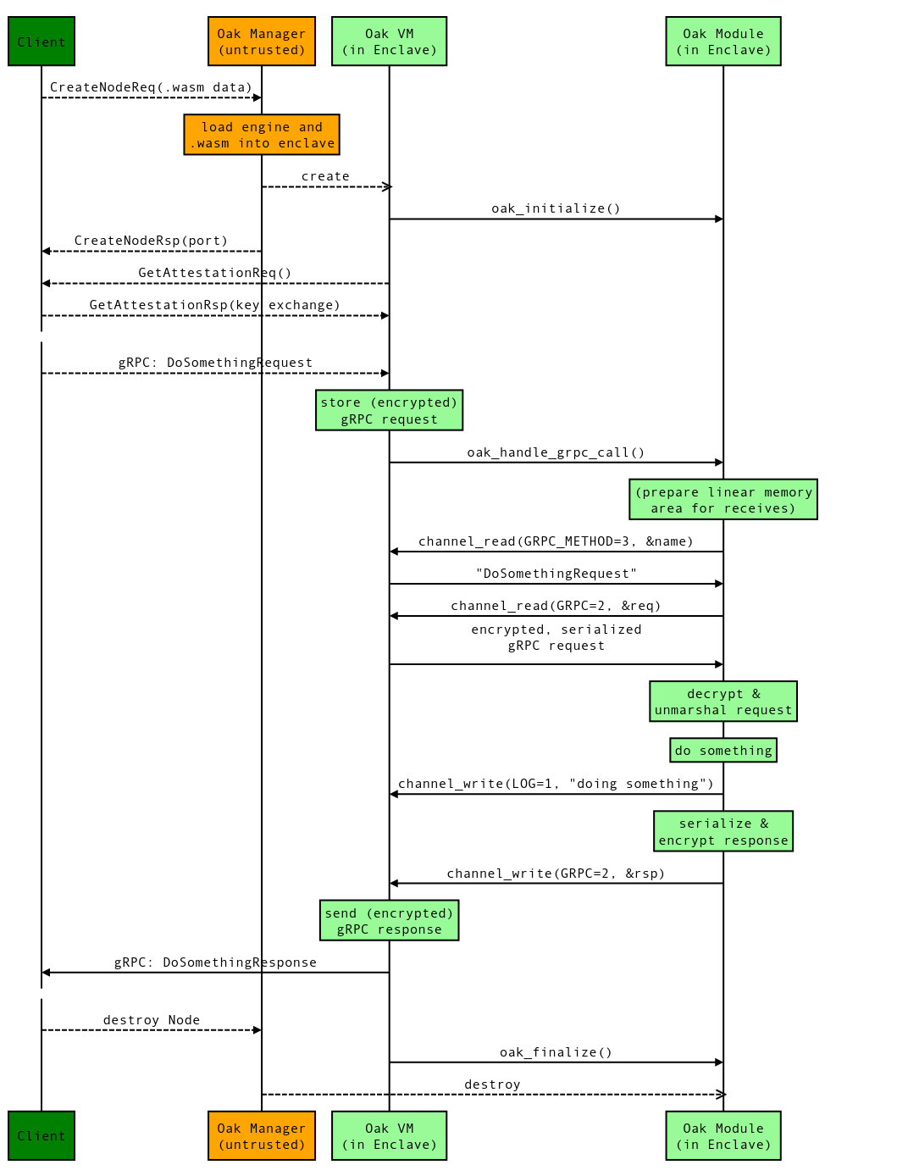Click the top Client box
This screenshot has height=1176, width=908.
(42, 42)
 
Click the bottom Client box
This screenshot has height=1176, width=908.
(42, 1135)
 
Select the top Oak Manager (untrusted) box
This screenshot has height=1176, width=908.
(262, 42)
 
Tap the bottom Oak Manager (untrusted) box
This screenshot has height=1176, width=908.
(262, 1135)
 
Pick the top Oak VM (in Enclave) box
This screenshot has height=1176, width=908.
(389, 42)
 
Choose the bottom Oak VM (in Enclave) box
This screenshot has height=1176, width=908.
(389, 1135)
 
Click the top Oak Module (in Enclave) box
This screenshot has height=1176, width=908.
(723, 42)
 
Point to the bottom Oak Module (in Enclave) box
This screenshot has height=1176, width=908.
(723, 1135)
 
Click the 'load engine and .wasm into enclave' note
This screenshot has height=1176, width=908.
(262, 135)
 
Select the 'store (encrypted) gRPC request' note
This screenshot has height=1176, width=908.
(389, 410)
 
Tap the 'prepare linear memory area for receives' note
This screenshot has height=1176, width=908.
(723, 500)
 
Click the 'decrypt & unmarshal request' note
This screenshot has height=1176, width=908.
(723, 702)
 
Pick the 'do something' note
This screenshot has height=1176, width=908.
(723, 751)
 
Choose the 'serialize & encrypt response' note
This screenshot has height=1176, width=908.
(723, 831)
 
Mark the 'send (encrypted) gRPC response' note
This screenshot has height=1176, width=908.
(389, 921)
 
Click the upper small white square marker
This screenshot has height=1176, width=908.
(42, 336)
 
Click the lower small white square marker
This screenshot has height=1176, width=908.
(42, 993)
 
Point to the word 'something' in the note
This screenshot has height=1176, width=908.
(735, 751)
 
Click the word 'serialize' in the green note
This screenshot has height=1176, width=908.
(715, 824)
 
